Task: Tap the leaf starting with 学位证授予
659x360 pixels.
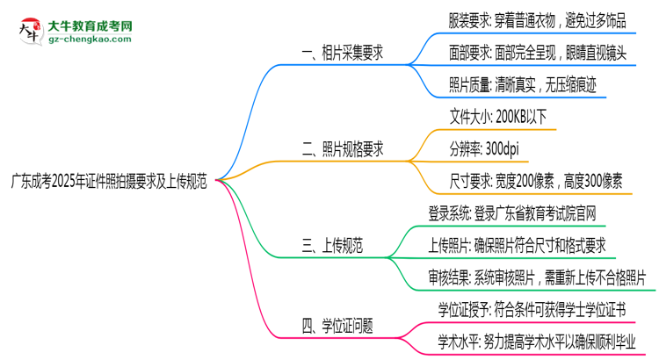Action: click(532, 309)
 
